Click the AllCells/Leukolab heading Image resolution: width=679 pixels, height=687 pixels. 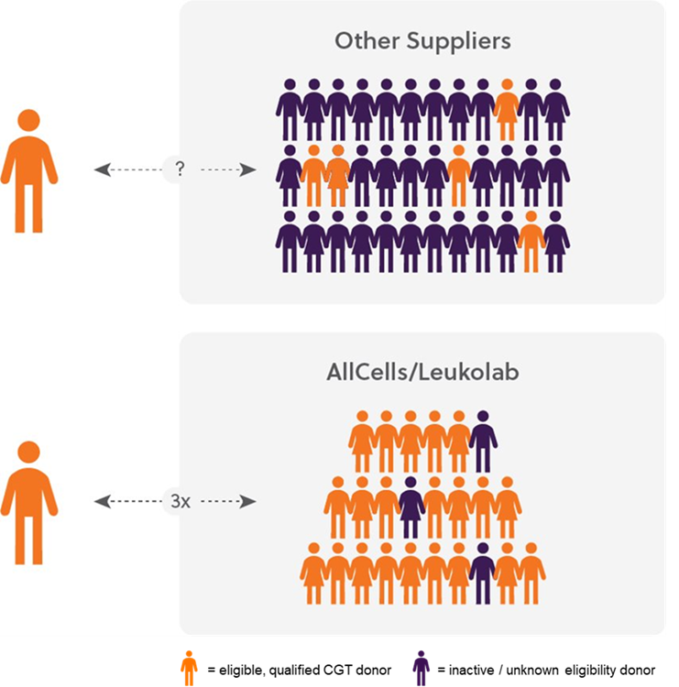(x=422, y=373)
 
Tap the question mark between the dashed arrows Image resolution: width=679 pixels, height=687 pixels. (x=180, y=169)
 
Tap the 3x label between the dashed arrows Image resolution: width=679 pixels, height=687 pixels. (x=180, y=501)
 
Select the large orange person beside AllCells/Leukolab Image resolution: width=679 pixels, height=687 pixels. (x=28, y=503)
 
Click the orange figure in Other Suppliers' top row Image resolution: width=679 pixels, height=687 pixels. (x=507, y=110)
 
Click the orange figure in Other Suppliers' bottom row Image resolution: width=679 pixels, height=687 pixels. (x=531, y=242)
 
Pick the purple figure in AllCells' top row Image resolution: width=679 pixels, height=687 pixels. (x=483, y=442)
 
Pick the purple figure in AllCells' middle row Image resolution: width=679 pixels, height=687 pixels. (x=411, y=507)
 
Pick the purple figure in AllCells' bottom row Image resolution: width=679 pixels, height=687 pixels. (x=483, y=573)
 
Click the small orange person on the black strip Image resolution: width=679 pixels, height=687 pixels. (x=189, y=668)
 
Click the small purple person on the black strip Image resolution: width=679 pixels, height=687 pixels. (x=421, y=668)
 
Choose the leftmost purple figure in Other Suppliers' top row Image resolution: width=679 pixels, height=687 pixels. (x=289, y=110)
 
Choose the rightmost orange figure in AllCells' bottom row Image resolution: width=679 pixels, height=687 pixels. (x=531, y=573)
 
